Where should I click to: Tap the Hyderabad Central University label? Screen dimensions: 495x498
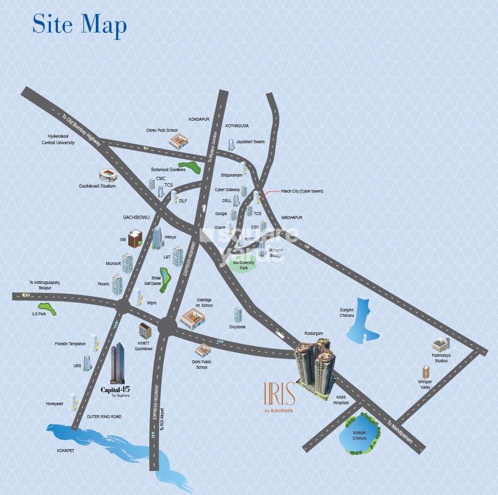pos(58,139)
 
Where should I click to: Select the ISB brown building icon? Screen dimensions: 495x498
pos(135,239)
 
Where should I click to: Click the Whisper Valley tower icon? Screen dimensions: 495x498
pos(426,372)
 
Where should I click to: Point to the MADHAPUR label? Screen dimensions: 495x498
pos(292,218)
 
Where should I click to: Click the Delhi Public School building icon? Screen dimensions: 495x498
pos(203,350)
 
